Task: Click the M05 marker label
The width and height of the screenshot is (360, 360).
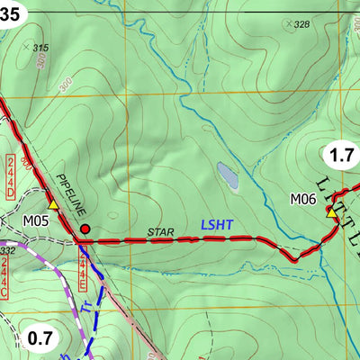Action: [34, 219]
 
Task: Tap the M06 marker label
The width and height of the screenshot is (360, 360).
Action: [303, 199]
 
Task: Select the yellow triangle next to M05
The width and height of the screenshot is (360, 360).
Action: [53, 205]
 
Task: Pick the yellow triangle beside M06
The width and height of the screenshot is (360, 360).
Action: [330, 214]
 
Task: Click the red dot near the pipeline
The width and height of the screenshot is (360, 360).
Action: [85, 229]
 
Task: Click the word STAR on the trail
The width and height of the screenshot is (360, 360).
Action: [160, 231]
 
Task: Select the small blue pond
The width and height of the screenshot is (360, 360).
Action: [227, 176]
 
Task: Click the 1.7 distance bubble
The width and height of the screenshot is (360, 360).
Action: [341, 155]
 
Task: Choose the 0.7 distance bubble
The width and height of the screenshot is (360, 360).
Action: [40, 338]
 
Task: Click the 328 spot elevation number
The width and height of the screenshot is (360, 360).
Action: [301, 24]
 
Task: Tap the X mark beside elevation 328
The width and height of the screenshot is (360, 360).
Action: [288, 24]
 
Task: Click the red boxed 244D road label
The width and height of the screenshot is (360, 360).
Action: [10, 174]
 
